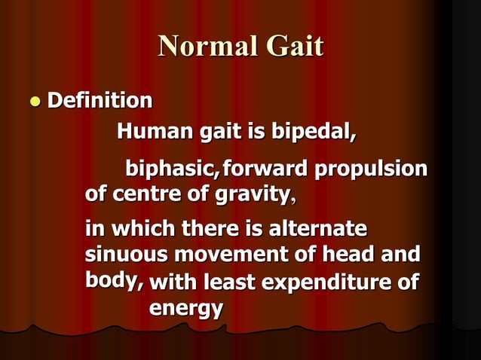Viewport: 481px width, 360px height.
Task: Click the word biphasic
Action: pyautogui.click(x=170, y=168)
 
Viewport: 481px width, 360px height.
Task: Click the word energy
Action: pyautogui.click(x=185, y=308)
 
